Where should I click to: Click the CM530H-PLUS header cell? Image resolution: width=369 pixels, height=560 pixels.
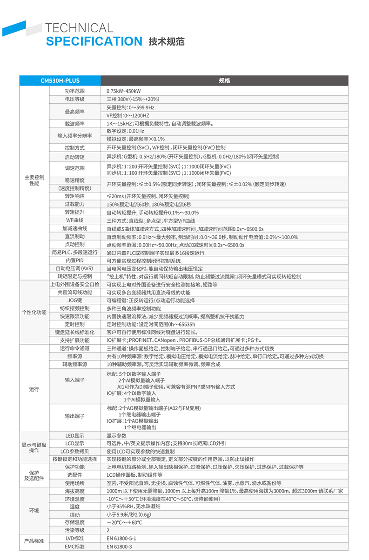pyautogui.click(x=60, y=81)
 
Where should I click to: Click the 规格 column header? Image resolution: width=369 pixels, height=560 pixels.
pyautogui.click(x=224, y=81)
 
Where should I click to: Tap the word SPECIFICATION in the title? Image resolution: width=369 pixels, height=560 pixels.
pyautogui.click(x=94, y=41)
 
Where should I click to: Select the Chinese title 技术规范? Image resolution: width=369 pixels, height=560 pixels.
pyautogui.click(x=166, y=42)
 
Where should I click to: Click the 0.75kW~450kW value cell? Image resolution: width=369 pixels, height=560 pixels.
pyautogui.click(x=124, y=91)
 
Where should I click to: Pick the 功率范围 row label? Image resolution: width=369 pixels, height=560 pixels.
pyautogui.click(x=74, y=91)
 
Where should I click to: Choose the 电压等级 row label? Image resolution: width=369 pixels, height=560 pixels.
pyautogui.click(x=74, y=99)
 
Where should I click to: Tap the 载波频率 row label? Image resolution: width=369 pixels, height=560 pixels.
pyautogui.click(x=74, y=124)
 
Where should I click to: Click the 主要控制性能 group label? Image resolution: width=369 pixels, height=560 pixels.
pyautogui.click(x=34, y=180)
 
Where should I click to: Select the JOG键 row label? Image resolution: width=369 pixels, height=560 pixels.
pyautogui.click(x=74, y=300)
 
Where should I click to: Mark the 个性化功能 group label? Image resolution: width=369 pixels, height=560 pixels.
pyautogui.click(x=34, y=312)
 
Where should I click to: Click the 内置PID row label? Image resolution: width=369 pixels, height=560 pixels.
pyautogui.click(x=74, y=260)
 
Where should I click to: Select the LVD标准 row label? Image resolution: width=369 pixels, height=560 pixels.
pyautogui.click(x=74, y=538)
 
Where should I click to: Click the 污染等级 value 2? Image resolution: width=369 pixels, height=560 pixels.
pyautogui.click(x=108, y=530)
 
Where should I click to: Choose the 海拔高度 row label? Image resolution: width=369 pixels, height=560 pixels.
pyautogui.click(x=74, y=491)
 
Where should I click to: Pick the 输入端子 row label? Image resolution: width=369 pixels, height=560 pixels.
pyautogui.click(x=74, y=380)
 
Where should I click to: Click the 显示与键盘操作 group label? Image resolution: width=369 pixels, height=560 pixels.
pyautogui.click(x=34, y=447)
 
